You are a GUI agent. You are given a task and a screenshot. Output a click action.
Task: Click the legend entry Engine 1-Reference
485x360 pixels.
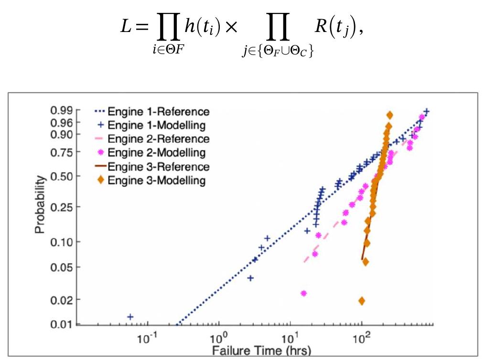pyautogui.click(x=158, y=112)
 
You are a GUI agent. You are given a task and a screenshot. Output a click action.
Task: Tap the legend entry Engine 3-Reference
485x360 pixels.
pyautogui.click(x=158, y=167)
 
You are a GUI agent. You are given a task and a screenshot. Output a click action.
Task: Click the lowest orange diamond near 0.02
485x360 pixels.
pyautogui.click(x=362, y=301)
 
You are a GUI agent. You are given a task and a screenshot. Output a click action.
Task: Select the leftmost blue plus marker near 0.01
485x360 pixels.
pyautogui.click(x=130, y=317)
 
